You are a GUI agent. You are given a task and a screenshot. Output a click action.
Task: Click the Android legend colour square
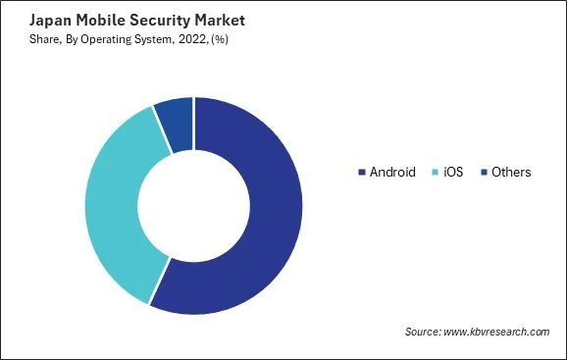click(361, 173)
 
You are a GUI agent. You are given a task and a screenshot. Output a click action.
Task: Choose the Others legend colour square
click(484, 173)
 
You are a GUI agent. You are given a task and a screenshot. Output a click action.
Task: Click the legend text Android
click(392, 173)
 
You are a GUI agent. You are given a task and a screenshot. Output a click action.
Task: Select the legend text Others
click(512, 173)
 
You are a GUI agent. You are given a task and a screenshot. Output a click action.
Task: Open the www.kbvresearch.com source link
click(497, 332)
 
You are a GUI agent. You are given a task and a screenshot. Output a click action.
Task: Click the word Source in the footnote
click(423, 332)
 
